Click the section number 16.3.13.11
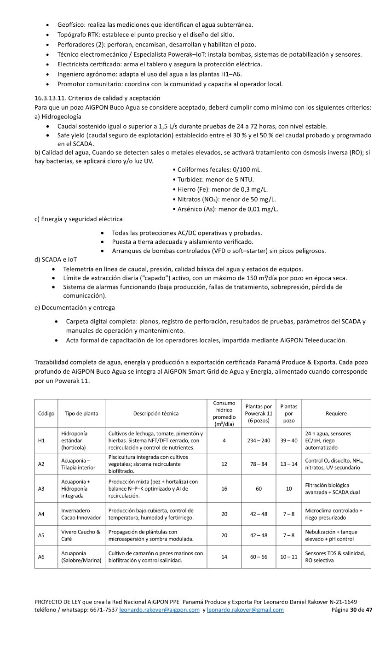point(51,98)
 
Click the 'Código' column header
point(46,413)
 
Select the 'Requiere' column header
point(336,413)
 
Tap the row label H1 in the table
point(41,440)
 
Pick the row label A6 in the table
point(41,557)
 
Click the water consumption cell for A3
point(224,488)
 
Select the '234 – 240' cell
point(259,440)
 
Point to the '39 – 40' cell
point(289,440)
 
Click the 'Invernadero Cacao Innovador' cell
point(81,514)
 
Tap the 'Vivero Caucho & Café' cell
point(81,535)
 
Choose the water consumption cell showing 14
point(224,557)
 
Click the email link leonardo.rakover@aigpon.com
point(159,610)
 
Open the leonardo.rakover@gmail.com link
point(245,610)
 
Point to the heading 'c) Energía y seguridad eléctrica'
point(79,219)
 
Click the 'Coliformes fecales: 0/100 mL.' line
point(217,170)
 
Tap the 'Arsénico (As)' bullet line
point(225,209)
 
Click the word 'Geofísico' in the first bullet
point(71,24)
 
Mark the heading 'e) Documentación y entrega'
point(75,307)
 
